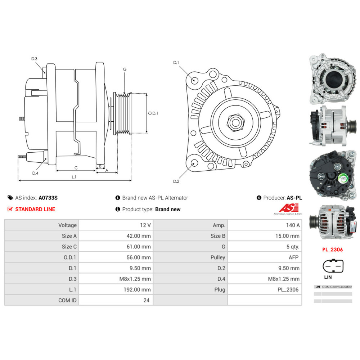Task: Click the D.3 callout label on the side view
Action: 34,59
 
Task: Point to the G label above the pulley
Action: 125,69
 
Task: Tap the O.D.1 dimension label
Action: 153,113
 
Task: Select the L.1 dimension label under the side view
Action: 74,177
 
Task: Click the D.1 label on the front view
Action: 176,62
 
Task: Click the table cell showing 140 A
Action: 265,225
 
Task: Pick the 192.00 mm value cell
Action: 116,289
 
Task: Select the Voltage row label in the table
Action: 41,225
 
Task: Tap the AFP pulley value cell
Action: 265,257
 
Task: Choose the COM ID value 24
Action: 116,300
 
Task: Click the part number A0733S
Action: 48,198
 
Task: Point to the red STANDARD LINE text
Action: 35,209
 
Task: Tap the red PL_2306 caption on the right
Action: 332,249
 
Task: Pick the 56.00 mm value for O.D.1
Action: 116,257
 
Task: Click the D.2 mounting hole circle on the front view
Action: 194,163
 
